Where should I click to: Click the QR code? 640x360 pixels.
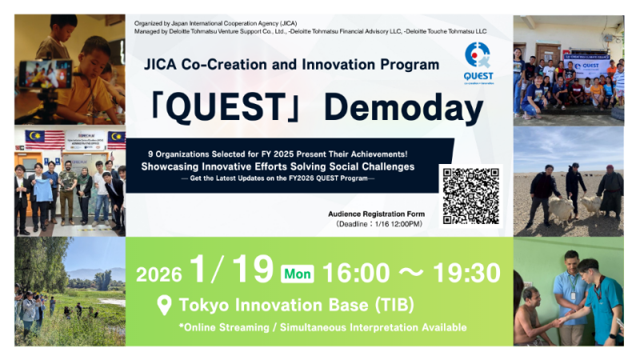point(471,196)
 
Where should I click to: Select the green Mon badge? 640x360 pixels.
point(298,274)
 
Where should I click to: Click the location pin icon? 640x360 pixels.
point(165,305)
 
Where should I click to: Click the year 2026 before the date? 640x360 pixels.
point(158,274)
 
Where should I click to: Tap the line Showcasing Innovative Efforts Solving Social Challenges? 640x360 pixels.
point(278,166)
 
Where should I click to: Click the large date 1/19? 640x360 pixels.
point(231,271)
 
